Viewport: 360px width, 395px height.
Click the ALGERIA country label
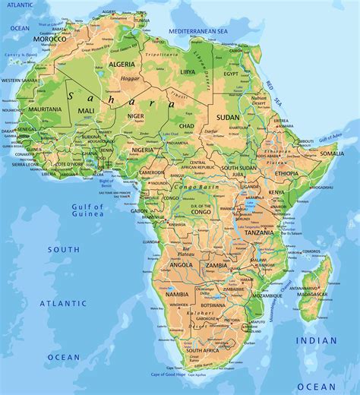click(122, 65)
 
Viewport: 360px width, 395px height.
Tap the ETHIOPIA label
click(287, 173)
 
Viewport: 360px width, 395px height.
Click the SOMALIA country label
click(331, 153)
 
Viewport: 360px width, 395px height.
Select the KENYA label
click(276, 193)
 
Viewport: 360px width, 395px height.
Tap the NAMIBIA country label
click(176, 294)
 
